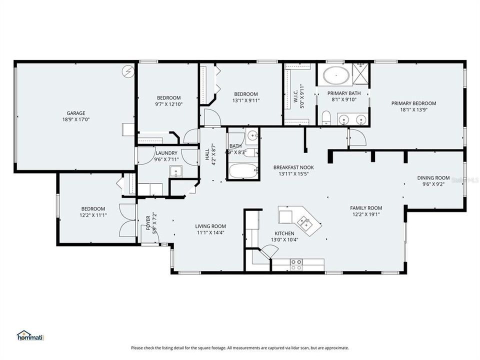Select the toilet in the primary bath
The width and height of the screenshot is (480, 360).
pos(326,118)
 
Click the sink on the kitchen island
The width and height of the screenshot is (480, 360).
pos(303,221)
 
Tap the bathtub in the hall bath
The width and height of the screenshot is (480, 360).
pos(243,171)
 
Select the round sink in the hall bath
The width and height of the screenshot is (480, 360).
pos(252,135)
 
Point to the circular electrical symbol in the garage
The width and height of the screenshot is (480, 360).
pos(128,71)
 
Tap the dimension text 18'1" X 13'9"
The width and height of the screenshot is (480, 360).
pos(409,109)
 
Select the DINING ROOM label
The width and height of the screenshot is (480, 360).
pos(433,177)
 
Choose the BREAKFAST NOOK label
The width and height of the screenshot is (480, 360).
pos(292,167)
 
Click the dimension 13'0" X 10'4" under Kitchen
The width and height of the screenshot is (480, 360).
pos(284,240)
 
